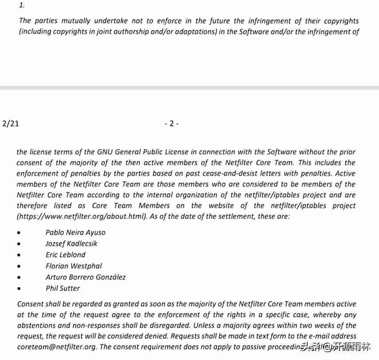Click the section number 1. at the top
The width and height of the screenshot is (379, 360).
tap(22, 6)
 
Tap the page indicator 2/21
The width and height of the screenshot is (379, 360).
tap(11, 123)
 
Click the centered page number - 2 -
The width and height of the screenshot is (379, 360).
tap(171, 123)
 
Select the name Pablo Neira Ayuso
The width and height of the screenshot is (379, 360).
tap(75, 232)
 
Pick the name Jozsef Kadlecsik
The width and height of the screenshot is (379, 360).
tap(71, 243)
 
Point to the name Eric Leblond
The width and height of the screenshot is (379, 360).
tap(66, 255)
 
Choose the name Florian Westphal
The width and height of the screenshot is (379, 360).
tap(73, 266)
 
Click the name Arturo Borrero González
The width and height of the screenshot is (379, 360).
tap(85, 277)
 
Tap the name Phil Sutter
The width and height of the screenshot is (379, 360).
tap(63, 288)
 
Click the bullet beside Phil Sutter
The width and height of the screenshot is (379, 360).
tap(18, 288)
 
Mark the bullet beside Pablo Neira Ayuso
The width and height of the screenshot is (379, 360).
tap(18, 233)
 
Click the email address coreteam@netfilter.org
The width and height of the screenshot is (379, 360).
tap(57, 347)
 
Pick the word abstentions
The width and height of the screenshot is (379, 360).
tap(40, 326)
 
